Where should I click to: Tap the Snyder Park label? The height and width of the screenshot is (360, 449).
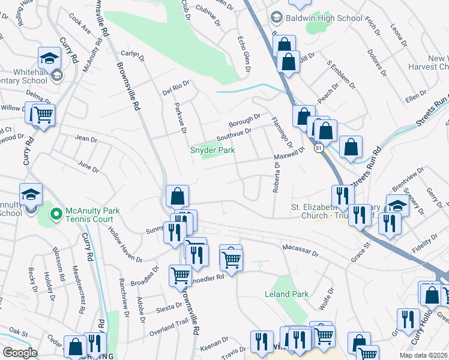(212, 150)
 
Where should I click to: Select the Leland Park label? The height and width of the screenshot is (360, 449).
(287, 294)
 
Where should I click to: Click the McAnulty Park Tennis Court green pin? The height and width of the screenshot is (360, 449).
(56, 213)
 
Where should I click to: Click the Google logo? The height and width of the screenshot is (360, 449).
(20, 353)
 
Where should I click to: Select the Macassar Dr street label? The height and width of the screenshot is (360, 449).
(299, 250)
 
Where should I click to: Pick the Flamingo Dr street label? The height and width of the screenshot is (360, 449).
(280, 133)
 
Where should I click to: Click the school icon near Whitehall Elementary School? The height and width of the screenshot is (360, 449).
(49, 58)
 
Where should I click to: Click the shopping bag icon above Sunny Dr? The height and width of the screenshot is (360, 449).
(178, 196)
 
